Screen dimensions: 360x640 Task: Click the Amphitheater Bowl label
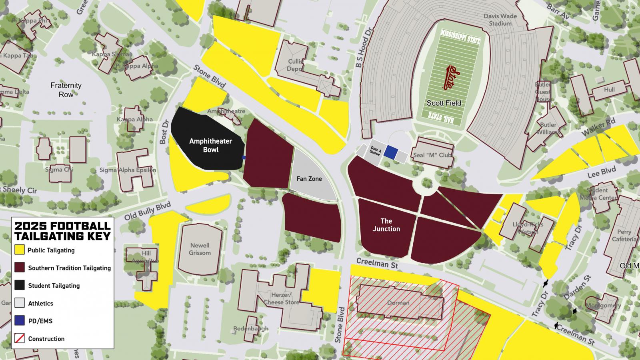210,146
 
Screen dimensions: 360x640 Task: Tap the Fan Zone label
309,179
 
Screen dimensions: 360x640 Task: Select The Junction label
386,225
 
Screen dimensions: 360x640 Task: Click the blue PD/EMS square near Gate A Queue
393,152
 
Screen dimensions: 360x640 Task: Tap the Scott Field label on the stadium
444,103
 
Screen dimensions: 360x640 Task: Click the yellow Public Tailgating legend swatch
20,250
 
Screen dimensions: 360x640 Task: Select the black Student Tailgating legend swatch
20,285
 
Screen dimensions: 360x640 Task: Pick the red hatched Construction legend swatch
20,338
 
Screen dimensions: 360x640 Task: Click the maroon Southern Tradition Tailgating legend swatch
20,268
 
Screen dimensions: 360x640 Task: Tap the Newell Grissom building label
200,249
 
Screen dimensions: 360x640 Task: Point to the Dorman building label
398,303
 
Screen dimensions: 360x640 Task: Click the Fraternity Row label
66,90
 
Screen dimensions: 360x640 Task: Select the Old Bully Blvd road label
147,211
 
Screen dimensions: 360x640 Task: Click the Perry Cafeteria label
624,235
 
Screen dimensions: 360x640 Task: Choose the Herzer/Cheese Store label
282,298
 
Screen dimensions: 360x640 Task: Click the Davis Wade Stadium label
500,20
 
